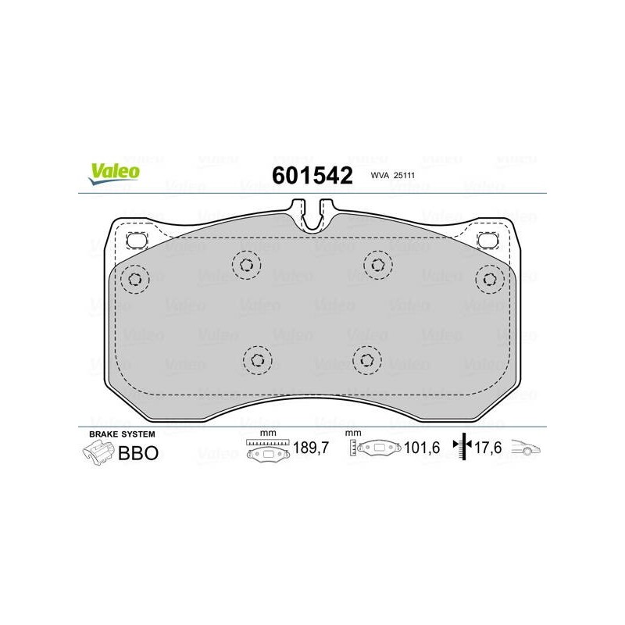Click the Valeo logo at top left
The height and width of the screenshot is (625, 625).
click(114, 173)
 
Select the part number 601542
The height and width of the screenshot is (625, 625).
click(312, 175)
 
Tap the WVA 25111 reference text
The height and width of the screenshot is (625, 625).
click(393, 175)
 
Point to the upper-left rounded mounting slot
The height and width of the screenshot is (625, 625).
click(136, 241)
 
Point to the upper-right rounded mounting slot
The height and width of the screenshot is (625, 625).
click(487, 240)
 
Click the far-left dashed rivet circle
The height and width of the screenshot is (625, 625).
click(135, 280)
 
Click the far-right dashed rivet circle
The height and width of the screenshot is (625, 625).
click(490, 279)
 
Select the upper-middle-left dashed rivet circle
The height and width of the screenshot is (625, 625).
click(246, 265)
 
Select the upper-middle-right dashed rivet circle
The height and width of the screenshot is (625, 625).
click(378, 265)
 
